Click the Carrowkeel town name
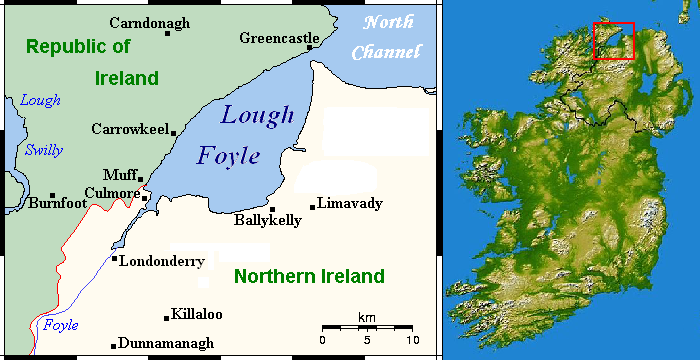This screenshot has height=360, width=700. click(x=130, y=129)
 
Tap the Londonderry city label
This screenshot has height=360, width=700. click(x=161, y=261)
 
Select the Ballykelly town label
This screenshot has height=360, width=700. click(x=267, y=220)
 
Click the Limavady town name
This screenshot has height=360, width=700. click(x=350, y=203)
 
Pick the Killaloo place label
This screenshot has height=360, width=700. click(x=197, y=314)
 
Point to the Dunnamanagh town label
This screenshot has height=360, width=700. click(x=166, y=343)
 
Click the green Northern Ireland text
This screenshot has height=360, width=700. click(x=309, y=276)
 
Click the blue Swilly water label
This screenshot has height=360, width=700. click(x=44, y=151)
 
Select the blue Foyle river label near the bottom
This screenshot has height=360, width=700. click(x=60, y=325)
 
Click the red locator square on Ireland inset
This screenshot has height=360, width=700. click(x=614, y=40)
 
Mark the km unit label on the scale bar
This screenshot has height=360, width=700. click(x=367, y=318)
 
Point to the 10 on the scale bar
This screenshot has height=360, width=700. click(x=412, y=341)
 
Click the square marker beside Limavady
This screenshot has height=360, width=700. click(x=313, y=207)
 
